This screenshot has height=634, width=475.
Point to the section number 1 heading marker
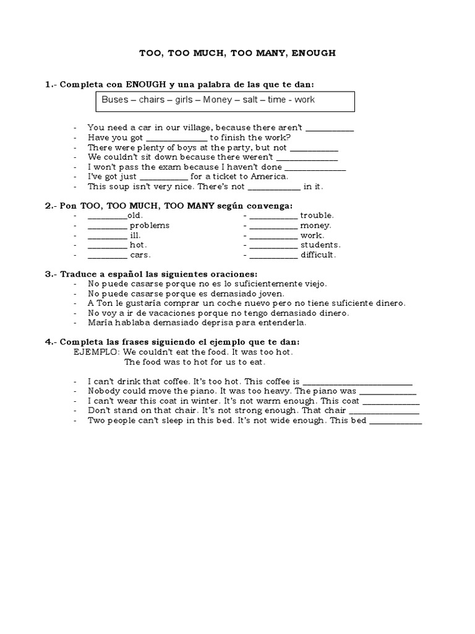click(48, 84)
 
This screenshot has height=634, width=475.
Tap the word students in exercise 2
click(320, 245)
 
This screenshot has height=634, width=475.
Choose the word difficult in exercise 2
click(318, 254)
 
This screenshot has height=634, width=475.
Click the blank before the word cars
click(107, 254)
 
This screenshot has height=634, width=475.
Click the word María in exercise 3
click(101, 323)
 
